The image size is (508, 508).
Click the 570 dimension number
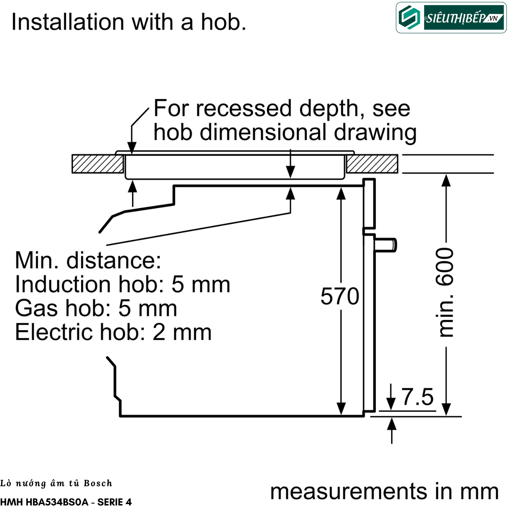pyautogui.click(x=340, y=296)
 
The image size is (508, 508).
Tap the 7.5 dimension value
pyautogui.click(x=417, y=397)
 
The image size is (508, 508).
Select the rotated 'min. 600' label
pyautogui.click(x=444, y=292)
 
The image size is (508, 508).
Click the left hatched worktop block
pyautogui.click(x=98, y=164)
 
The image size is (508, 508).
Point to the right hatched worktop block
pyautogui.click(x=372, y=164)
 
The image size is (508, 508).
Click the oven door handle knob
pyautogui.click(x=385, y=245)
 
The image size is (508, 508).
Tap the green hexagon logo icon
pyautogui.click(x=409, y=18)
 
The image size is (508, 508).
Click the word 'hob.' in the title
pyautogui.click(x=224, y=22)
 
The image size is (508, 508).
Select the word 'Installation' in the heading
pyautogui.click(x=68, y=22)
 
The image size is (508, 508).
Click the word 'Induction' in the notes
pyautogui.click(x=63, y=284)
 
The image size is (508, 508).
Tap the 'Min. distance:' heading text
pyautogui.click(x=88, y=261)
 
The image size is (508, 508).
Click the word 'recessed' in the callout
pyautogui.click(x=243, y=108)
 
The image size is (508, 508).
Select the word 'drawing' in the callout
pyautogui.click(x=375, y=133)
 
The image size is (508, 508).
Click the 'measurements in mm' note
pyautogui.click(x=384, y=491)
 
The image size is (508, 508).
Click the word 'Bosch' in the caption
pyautogui.click(x=98, y=483)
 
